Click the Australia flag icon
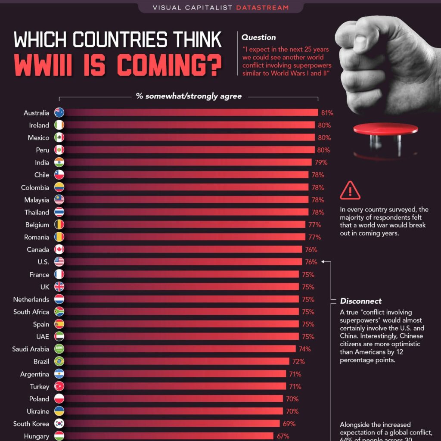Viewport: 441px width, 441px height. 59,113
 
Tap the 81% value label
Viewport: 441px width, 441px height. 327,113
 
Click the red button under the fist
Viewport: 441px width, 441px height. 385,129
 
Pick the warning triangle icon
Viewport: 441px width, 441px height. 350,191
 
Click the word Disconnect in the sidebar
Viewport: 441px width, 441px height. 361,301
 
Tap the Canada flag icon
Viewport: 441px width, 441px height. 59,249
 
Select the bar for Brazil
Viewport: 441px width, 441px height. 177,361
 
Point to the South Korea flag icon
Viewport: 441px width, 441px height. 59,424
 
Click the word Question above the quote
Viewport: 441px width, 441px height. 259,37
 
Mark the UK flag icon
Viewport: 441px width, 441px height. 59,287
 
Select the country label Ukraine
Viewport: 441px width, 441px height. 37,411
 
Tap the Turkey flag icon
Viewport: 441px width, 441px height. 59,386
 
